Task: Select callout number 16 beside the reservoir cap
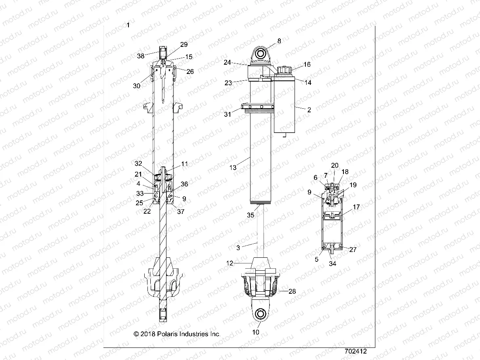(307, 65)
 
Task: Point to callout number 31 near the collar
(228, 114)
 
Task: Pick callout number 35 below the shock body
(251, 215)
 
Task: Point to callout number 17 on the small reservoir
(356, 207)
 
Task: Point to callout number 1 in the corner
(128, 25)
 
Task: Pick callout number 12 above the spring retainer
(229, 263)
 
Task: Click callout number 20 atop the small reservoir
(335, 165)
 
